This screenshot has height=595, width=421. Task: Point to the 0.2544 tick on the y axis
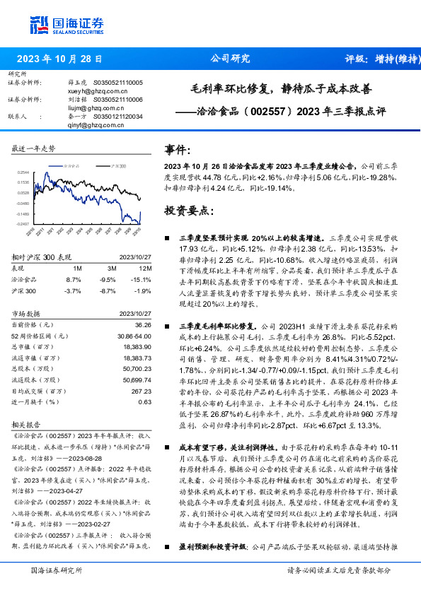[23, 172]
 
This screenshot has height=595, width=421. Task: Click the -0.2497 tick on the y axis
[23, 223]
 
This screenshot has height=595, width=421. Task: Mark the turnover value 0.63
[145, 402]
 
